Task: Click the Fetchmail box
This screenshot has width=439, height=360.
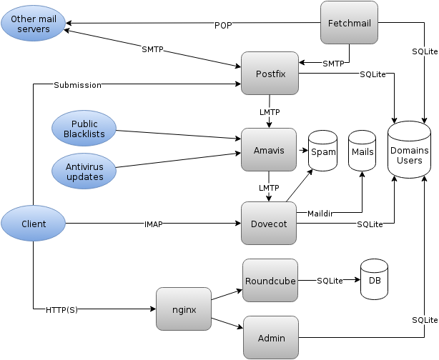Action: click(348, 23)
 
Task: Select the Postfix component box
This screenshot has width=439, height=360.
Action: click(269, 74)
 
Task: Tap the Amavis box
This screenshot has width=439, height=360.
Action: click(269, 149)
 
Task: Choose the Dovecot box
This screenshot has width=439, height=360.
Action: click(269, 224)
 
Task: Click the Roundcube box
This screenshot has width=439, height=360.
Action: click(270, 281)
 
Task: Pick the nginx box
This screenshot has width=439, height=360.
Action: click(184, 309)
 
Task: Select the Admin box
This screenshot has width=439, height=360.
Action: click(271, 337)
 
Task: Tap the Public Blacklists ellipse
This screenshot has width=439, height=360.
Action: click(84, 129)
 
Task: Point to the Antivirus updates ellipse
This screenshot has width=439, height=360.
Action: click(84, 171)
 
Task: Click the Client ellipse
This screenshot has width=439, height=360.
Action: click(34, 224)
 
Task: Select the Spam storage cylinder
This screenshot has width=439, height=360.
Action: click(322, 151)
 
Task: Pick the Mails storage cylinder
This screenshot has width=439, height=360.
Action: click(362, 151)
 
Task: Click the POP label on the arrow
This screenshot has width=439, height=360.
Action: click(223, 25)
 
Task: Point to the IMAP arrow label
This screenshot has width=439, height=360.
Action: click(153, 224)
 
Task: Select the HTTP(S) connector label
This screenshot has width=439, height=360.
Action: click(61, 309)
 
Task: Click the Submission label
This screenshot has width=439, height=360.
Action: click(77, 86)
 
